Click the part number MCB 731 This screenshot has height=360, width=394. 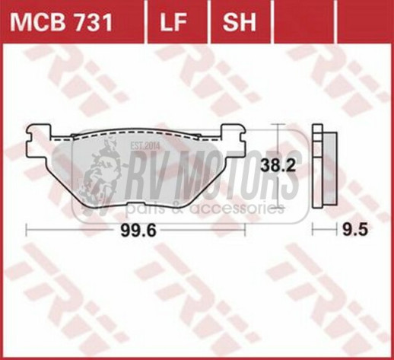click(61, 22)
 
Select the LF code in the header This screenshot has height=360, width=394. click(173, 22)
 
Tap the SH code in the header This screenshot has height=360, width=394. click(240, 22)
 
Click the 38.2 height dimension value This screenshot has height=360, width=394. click(278, 167)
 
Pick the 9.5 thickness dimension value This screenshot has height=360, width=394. click(354, 231)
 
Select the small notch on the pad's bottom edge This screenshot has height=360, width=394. click(136, 205)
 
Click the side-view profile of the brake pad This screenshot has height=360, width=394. click(325, 167)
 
